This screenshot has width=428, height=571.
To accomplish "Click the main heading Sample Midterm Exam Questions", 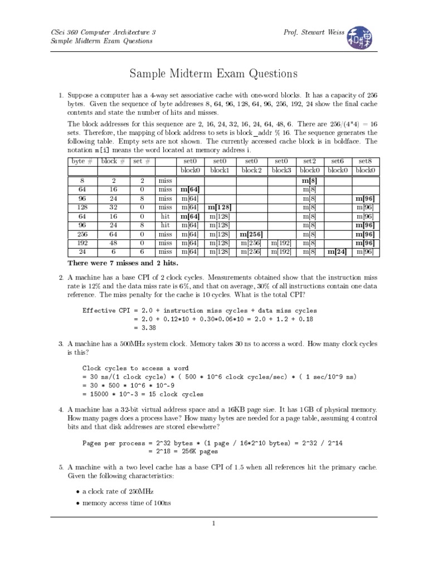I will coord(213,74).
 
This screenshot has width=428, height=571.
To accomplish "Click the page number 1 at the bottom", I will coord(213,524).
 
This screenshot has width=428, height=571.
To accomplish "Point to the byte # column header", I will coord(82,161).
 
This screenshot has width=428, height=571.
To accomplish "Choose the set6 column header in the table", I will coord(338,161).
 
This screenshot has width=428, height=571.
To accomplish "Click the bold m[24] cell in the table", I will coord(338,252).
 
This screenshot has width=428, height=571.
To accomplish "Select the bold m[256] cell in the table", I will coord(251,234).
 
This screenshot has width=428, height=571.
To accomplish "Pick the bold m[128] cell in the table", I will coord(220,207).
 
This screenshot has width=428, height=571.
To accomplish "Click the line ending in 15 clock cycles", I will coord(143,394).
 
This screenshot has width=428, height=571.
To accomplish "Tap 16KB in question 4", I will coord(286,409).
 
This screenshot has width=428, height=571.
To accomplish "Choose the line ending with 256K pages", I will coord(183,452).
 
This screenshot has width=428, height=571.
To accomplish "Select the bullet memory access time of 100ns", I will coord(127,504).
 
